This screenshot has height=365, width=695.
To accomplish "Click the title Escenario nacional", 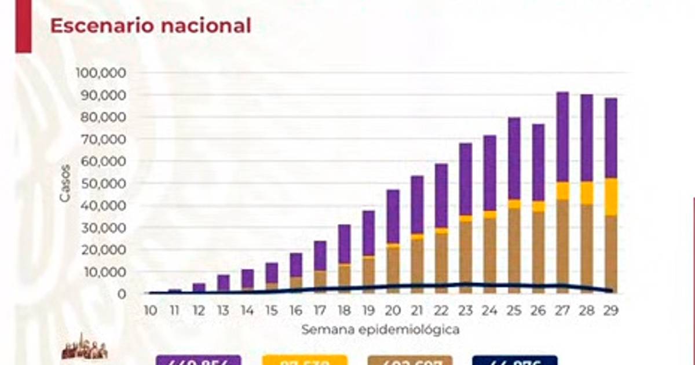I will [151, 26].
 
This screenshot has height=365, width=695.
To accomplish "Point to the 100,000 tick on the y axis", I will [101, 73].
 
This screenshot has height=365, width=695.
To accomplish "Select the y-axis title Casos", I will [65, 184].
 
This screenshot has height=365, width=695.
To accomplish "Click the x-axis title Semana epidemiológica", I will [380, 330].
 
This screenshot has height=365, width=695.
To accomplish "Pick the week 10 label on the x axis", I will [151, 311].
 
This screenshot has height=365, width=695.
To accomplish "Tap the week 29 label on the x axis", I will [610, 311].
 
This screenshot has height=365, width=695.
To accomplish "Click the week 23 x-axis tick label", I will [466, 311].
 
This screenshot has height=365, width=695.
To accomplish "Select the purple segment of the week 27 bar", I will [562, 137].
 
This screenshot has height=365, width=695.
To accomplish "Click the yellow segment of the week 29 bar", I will [610, 197].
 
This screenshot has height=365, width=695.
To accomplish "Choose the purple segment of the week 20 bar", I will [393, 216].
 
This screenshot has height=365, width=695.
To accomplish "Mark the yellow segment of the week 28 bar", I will [587, 193].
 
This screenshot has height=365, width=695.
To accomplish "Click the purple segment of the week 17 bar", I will [320, 256].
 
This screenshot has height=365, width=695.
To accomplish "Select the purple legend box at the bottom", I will [198, 360].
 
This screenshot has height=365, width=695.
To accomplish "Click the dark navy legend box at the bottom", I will [514, 360].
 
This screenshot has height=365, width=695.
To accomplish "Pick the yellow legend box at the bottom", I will [305, 360].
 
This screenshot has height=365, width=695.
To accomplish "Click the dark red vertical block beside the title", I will [23, 26].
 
